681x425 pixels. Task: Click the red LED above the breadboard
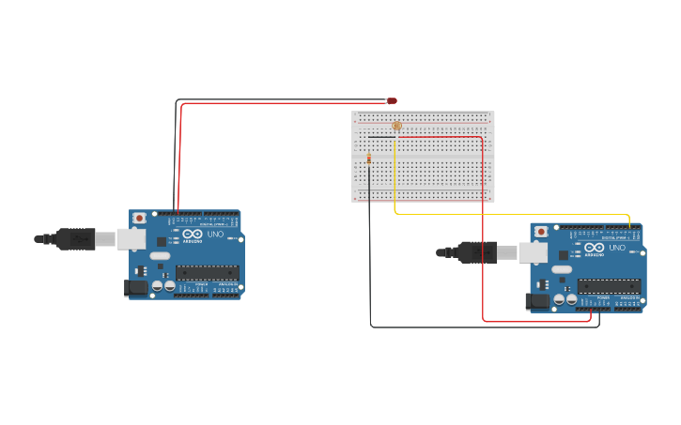pos(392,100)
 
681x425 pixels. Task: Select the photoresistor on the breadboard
pos(396,125)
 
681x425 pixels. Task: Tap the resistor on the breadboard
pos(369,159)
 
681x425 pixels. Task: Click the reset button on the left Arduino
pos(139,218)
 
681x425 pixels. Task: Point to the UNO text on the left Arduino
pos(215,234)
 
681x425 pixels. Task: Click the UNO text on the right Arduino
pos(617,248)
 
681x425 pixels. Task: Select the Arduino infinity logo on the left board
pos(193,234)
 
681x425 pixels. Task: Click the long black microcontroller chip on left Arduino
pos(207,273)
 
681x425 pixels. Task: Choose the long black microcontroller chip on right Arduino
pos(609,286)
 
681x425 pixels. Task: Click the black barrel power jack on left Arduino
pos(137,289)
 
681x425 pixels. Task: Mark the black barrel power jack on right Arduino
pos(537,301)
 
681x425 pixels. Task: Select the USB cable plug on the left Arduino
pos(75,239)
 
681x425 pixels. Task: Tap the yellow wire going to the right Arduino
pos(507,213)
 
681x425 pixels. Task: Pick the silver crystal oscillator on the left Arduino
pos(160,255)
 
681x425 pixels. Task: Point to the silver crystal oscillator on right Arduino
pos(562,269)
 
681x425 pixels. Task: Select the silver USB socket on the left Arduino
pos(131,239)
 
